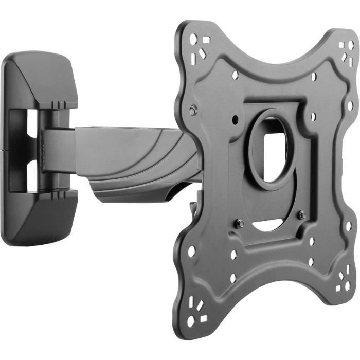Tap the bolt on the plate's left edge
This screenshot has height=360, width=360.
click(192, 110)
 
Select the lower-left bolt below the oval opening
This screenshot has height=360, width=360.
click(240, 223)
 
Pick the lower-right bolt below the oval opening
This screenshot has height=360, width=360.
click(302, 215)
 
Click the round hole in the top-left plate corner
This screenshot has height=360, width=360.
click(194, 39)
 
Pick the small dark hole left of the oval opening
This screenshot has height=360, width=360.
click(235, 119)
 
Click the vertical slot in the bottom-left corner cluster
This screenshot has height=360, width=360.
click(194, 304)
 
